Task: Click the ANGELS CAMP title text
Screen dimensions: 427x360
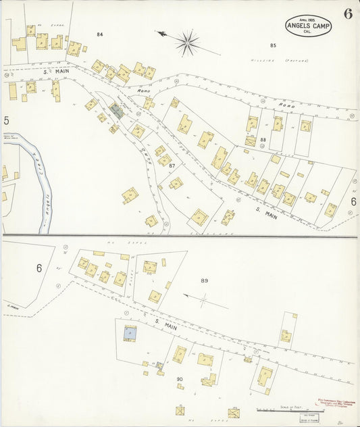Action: pos(307,26)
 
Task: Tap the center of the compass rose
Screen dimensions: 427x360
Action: pos(187,43)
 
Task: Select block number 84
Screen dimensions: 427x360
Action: pos(100,34)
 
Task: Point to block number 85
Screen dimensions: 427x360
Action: pos(273,45)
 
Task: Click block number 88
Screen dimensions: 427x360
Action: pos(263,140)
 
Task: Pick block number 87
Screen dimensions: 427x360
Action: pos(173,166)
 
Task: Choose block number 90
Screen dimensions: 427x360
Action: pos(180,379)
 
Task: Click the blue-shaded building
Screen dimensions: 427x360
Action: pos(129,332)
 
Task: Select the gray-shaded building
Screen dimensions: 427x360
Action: pos(118,112)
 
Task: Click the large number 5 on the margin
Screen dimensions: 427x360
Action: pos(6,121)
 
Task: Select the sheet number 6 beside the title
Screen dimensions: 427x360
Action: pos(346,15)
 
